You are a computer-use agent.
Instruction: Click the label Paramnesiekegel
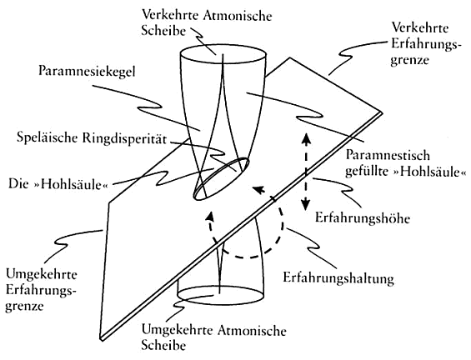87,72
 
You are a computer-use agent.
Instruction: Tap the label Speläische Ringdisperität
92,138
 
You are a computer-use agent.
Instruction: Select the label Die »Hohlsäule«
58,184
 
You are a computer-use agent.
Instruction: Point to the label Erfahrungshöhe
363,217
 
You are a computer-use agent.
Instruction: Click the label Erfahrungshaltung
338,278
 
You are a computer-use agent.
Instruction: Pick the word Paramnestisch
388,156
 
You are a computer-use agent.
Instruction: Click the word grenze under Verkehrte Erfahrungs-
409,60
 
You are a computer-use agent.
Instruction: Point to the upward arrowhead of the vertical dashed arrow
306,138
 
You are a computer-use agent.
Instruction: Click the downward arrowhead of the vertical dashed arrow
306,205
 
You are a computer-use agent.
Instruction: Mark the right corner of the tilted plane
382,112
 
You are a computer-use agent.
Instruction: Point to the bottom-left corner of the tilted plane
100,339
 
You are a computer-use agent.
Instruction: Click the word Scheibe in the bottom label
163,346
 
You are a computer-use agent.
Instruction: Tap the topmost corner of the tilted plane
290,57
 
